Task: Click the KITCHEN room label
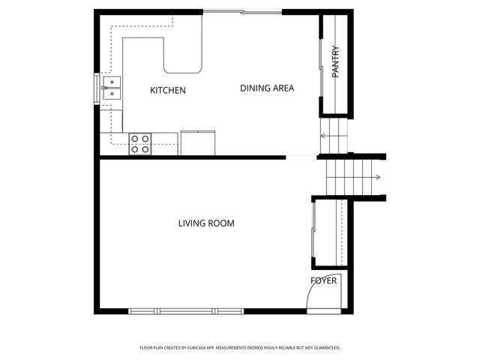[x=168, y=91]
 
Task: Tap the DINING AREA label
[x=267, y=88]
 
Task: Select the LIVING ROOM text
[x=206, y=223]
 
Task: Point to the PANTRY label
[x=335, y=61]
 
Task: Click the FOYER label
[x=324, y=281]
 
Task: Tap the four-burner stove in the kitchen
[x=140, y=143]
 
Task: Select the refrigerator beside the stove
[x=197, y=143]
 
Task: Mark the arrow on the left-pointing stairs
[x=324, y=136]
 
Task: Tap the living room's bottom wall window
[x=187, y=311]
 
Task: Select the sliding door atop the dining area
[x=242, y=12]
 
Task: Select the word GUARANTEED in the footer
[x=322, y=348]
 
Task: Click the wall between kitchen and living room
[x=192, y=157]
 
